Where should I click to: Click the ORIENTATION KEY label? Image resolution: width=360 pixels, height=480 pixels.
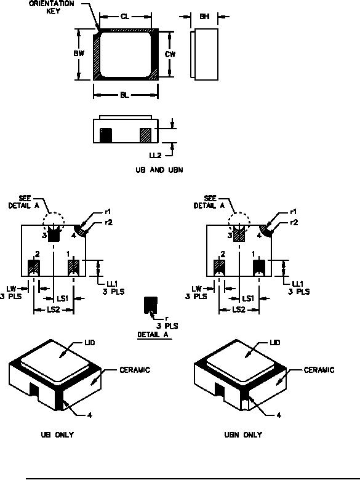point(52,7)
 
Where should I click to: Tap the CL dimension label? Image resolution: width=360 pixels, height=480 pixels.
point(125,17)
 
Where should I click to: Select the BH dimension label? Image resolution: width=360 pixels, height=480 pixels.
point(204,16)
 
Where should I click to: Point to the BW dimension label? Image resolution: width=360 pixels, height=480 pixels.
point(79,54)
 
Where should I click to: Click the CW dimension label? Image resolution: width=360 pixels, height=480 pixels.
point(170,54)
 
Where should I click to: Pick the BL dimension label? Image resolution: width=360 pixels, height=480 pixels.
point(124,95)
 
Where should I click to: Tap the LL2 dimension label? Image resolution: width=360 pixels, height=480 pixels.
point(155,155)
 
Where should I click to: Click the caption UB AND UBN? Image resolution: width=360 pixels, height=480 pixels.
point(159,170)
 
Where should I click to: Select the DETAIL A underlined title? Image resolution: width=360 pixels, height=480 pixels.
point(153,335)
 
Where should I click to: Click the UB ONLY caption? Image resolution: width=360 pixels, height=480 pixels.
point(57,434)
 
